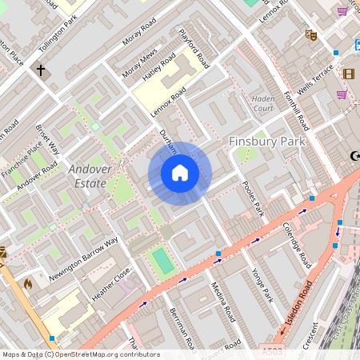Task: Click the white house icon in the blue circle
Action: click(x=180, y=173)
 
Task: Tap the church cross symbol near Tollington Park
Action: click(x=41, y=70)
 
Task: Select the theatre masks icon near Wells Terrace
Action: click(x=310, y=34)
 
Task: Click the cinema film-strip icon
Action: click(x=348, y=74)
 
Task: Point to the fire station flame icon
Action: click(x=27, y=283)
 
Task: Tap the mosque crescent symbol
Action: click(x=354, y=156)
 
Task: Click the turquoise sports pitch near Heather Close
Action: click(x=162, y=260)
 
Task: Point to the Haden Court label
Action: click(x=262, y=103)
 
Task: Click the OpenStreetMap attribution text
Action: click(x=80, y=354)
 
